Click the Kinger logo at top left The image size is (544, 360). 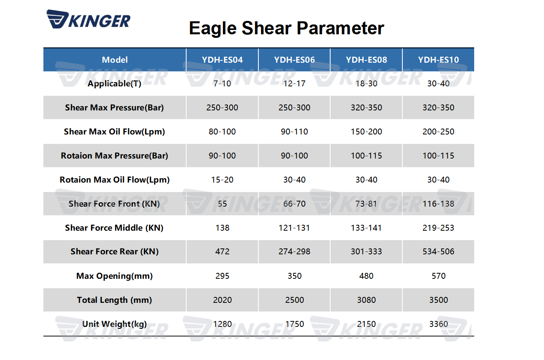88,19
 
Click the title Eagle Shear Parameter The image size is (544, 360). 286,28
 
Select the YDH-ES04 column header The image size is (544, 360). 222,60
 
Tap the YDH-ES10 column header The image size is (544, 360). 438,60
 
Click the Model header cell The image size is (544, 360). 114,60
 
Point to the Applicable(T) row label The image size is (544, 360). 114,84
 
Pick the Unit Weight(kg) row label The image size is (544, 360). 114,324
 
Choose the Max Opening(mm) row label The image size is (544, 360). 114,276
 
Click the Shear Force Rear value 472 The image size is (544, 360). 222,252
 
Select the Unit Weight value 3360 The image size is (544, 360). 438,324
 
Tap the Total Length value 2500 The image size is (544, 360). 294,300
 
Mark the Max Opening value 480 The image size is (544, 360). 366,276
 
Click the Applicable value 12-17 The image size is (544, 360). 294,84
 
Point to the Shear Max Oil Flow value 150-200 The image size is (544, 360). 366,132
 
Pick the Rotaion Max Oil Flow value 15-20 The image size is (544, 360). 222,180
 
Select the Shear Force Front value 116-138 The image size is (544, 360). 438,204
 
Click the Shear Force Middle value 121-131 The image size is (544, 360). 294,228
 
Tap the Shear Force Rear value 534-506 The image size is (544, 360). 438,252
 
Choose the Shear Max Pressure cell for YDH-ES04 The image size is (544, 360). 222,108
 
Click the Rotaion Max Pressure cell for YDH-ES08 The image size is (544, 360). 366,156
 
